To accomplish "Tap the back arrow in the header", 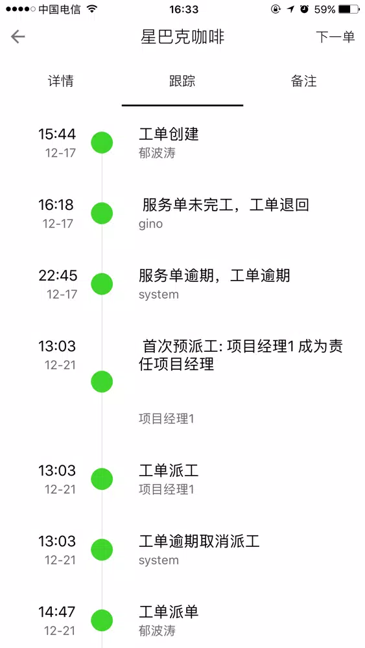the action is coord(18,37).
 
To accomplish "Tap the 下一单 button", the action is coord(335,37).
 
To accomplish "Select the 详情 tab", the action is coord(61,81).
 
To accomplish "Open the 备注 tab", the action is coord(304,81).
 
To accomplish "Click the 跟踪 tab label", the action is coord(182,81).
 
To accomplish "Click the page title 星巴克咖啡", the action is coord(182,37).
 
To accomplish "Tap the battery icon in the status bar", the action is coord(348,9).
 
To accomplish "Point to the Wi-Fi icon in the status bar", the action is coord(92,9).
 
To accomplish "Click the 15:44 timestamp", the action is coord(57,134).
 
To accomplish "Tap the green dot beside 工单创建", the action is coord(102,143).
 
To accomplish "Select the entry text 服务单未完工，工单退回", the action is coord(226,205).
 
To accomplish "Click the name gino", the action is coord(150,224).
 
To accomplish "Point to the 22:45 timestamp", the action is coord(58,275).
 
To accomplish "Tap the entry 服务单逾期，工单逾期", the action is coord(214,275).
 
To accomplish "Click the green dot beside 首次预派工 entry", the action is coord(102,382).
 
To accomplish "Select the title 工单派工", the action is coord(169,470).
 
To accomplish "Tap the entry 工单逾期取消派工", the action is coord(199,541).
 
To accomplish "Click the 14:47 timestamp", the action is coord(57,612).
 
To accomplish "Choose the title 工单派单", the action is coord(169,612).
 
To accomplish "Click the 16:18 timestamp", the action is coord(56,205).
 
